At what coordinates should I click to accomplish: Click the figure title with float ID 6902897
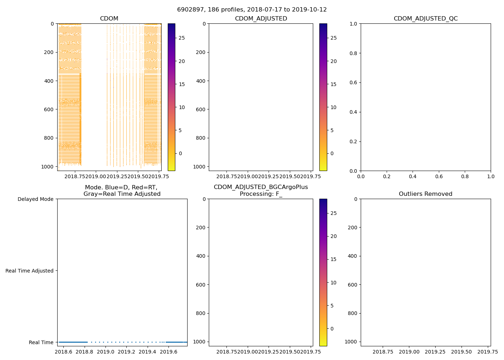pos(252,10)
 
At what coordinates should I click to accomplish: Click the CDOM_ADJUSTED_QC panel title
pos(426,19)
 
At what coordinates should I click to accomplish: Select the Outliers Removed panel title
pos(426,194)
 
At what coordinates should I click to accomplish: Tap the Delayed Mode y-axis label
pos(35,199)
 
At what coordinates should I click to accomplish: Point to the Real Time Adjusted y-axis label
pos(30,271)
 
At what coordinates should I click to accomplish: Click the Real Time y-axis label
pos(41,342)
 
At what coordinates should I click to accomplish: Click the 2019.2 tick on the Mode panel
pos(126,352)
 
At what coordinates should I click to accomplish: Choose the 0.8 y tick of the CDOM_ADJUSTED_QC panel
pos(354,53)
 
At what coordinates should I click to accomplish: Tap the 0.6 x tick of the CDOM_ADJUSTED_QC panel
pos(438,176)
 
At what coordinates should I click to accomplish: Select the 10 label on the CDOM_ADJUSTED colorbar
pos(333,107)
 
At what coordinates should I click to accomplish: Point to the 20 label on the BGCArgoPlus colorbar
pos(333,236)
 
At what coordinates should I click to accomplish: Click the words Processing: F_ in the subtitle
pos(261,194)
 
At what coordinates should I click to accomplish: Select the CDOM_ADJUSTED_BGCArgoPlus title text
pos(261,187)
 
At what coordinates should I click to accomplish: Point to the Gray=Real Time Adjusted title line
pos(122,194)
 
